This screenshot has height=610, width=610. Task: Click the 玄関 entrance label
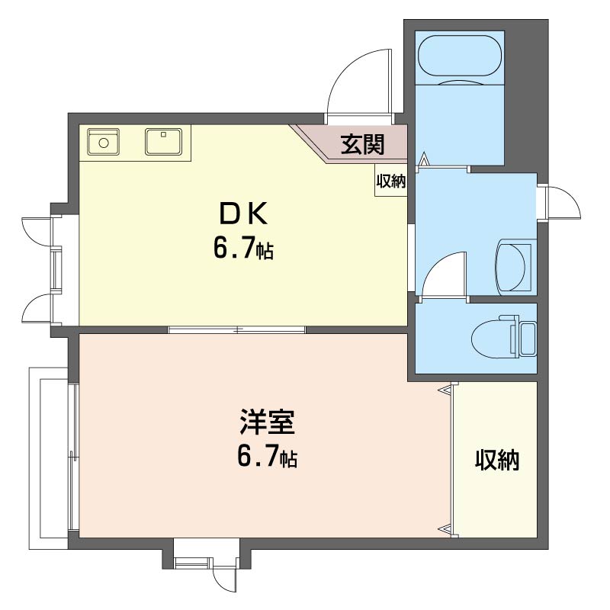363,144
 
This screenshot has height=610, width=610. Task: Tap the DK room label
243,213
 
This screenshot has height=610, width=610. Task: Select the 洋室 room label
268,422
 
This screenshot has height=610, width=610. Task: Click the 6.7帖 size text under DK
243,249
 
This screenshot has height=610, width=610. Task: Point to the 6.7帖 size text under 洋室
268,456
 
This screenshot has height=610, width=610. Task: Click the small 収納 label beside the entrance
390,181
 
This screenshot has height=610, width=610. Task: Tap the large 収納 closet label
497,461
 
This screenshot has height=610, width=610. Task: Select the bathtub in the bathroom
460,56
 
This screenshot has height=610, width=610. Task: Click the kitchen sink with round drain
103,142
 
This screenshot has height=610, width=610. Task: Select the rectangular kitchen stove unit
163,142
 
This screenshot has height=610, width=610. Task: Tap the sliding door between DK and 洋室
236,329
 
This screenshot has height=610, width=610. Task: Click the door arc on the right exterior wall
569,197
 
